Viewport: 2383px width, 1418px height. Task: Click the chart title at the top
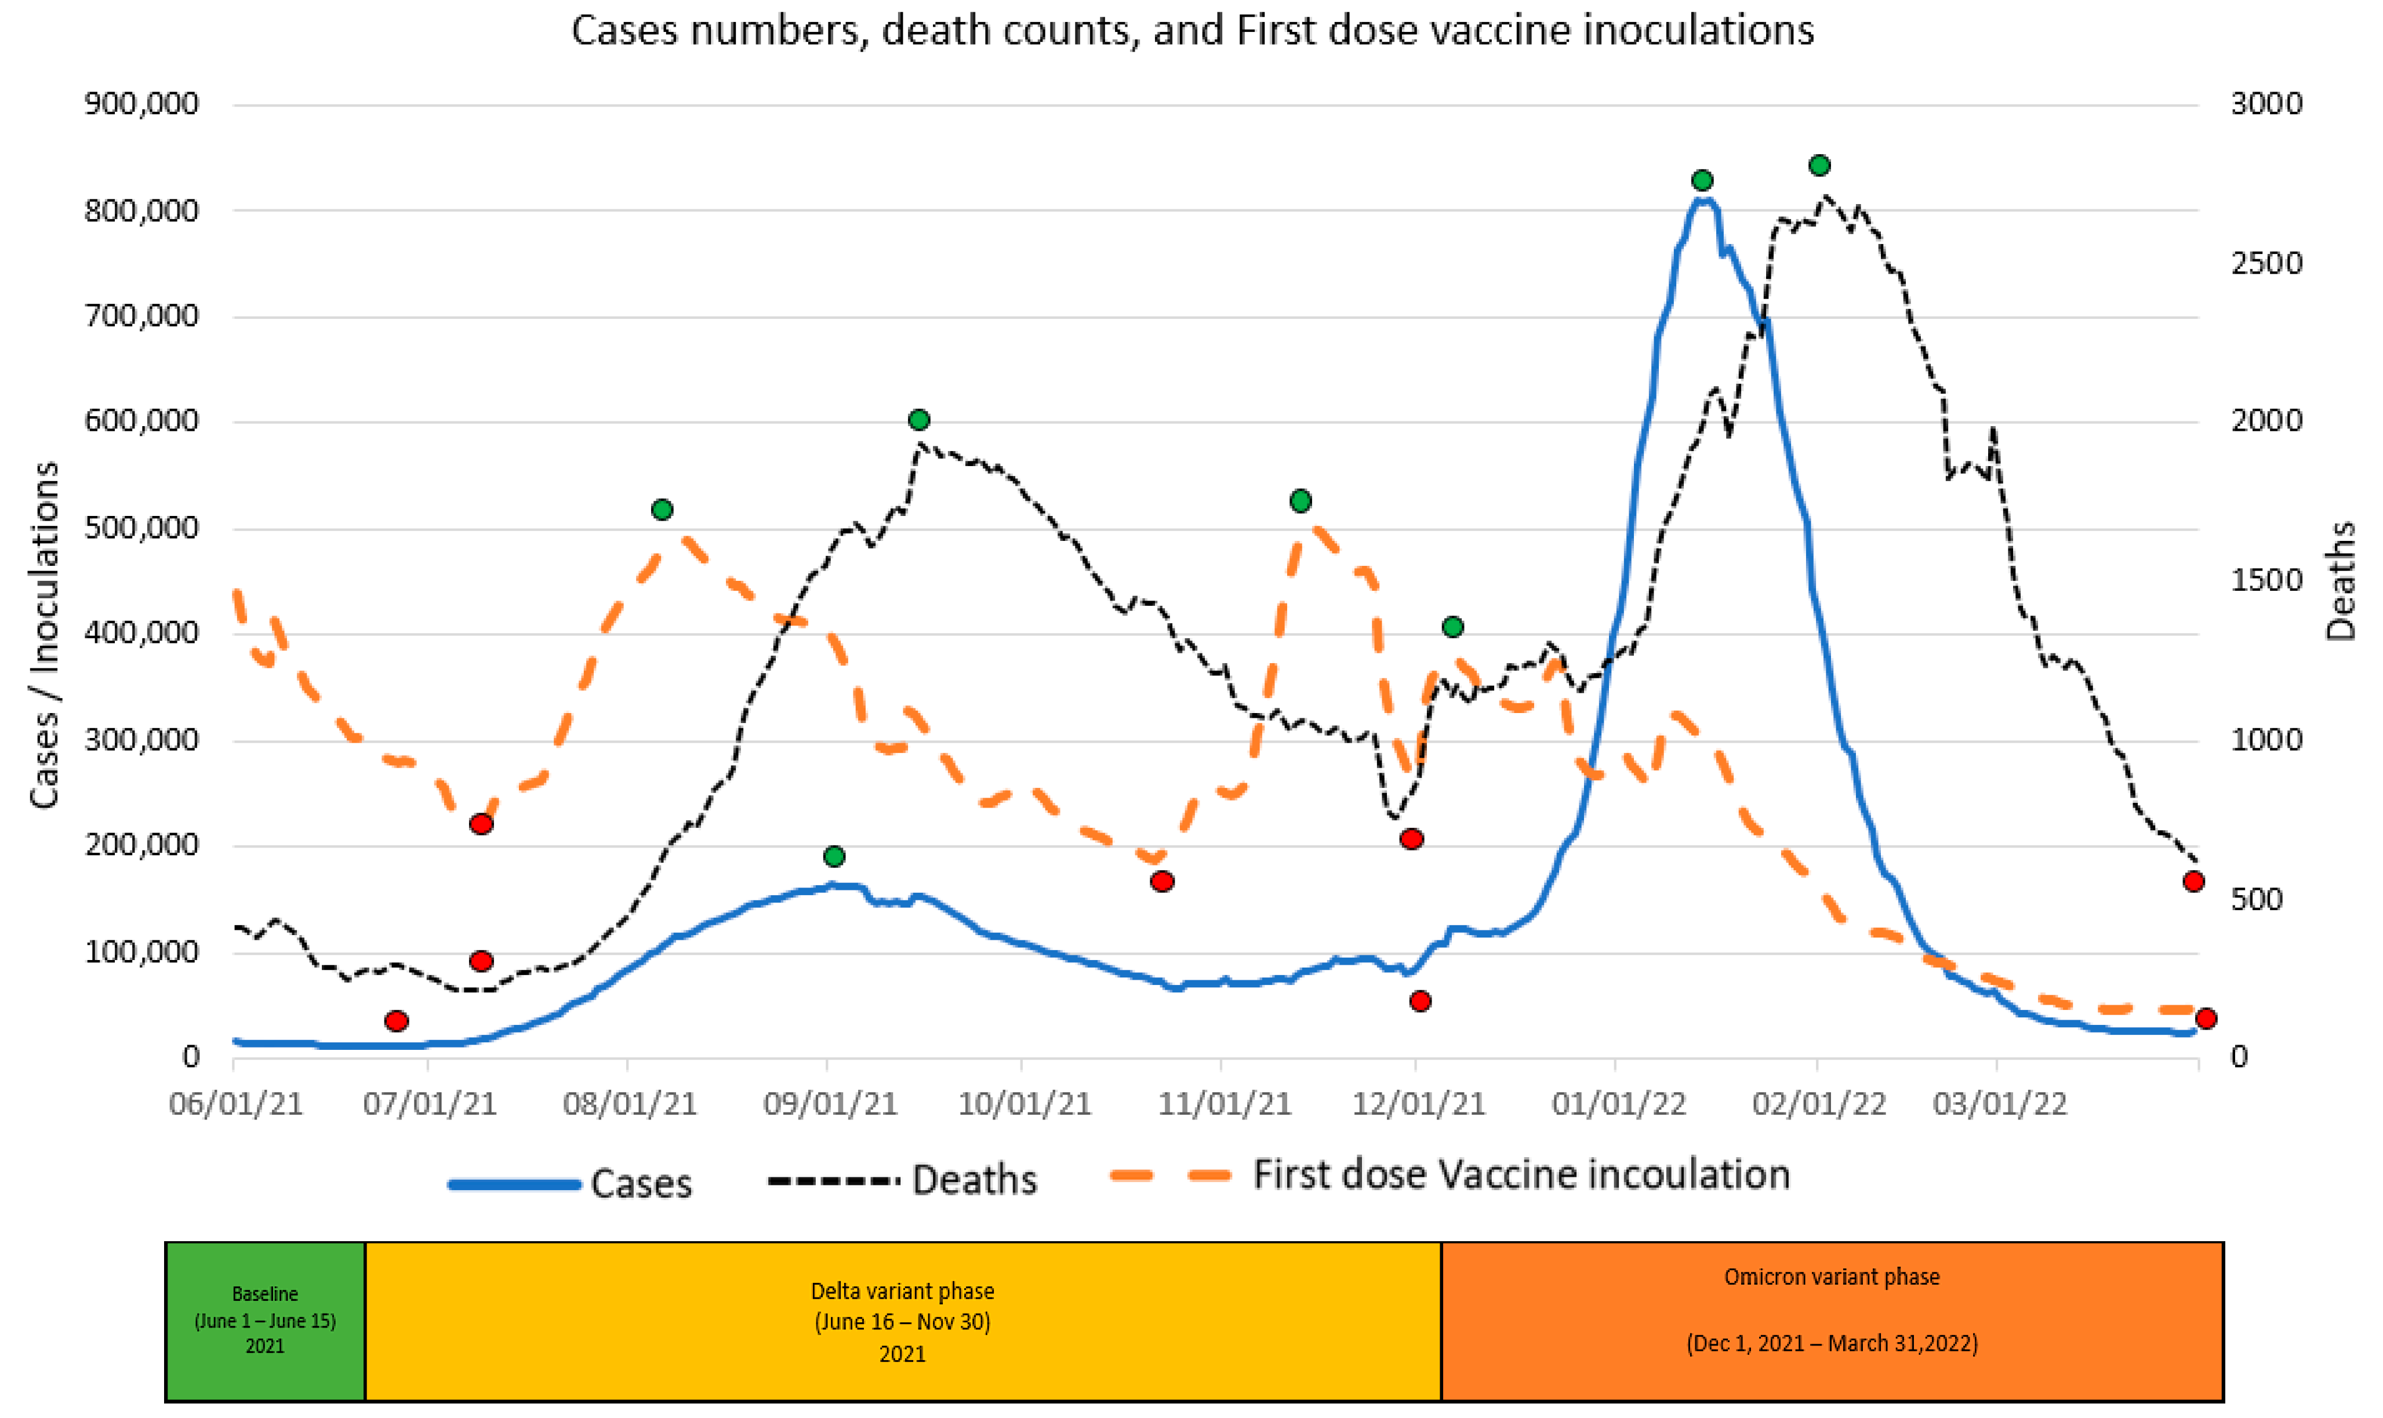1191,31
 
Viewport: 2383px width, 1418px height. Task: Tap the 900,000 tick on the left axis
141,103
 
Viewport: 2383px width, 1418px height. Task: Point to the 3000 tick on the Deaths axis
2265,103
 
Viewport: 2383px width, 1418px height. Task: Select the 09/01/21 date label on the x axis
829,1104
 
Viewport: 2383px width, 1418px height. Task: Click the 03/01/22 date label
1999,1104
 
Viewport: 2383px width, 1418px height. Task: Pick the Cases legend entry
571,1184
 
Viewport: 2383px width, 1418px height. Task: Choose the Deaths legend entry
903,1181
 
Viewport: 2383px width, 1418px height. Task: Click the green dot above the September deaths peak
918,420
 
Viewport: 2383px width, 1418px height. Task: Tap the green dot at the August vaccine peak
661,510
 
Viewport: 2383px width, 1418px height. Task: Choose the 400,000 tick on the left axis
141,632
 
